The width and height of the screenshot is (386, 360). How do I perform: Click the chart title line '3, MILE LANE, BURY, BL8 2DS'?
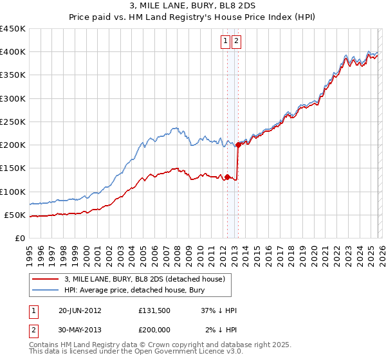tap(192, 6)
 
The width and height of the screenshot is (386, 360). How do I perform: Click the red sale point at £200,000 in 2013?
tap(238, 145)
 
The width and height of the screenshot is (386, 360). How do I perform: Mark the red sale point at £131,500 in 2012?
tap(227, 177)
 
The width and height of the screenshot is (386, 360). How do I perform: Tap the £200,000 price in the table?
tap(155, 330)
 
